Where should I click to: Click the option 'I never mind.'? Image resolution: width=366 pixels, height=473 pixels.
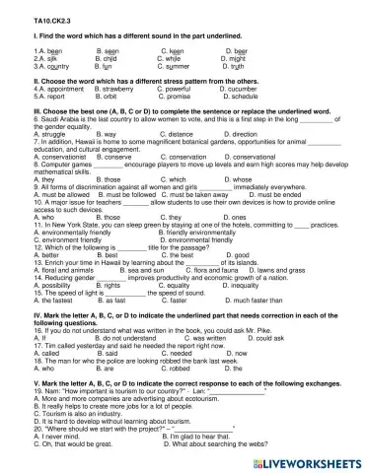[51, 437]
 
